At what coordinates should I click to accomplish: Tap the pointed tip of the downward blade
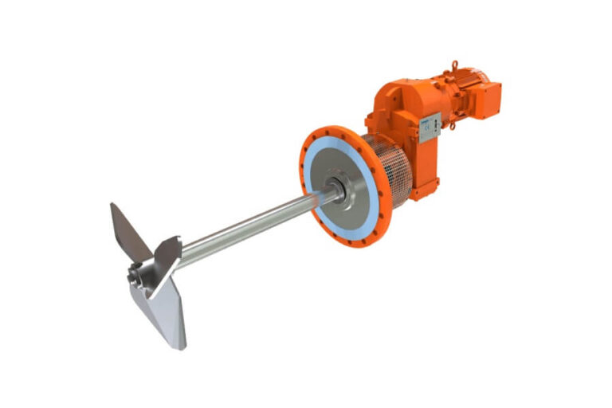pyautogui.click(x=182, y=347)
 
